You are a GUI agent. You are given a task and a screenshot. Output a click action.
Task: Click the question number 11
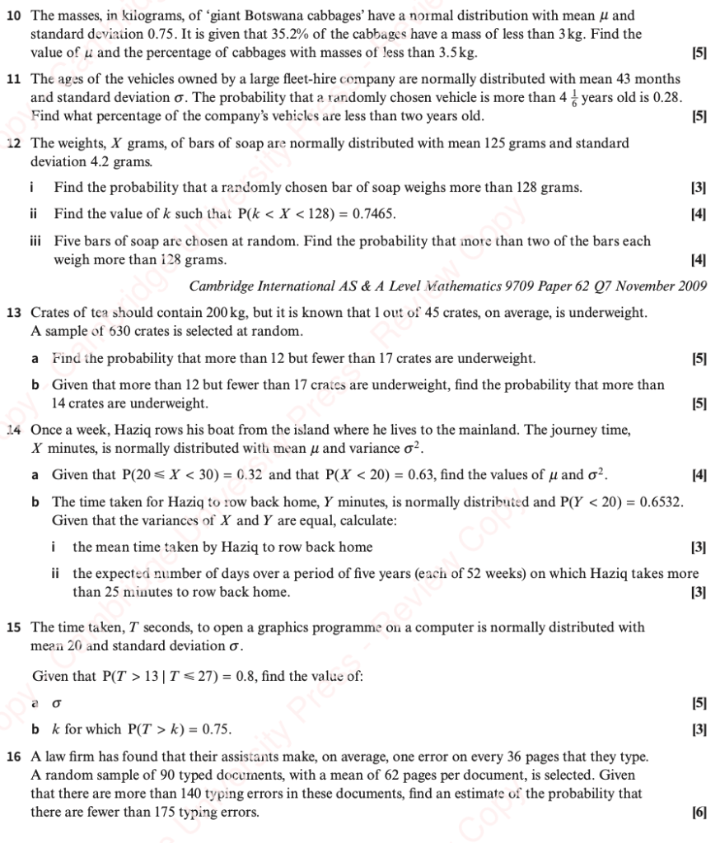(x=13, y=80)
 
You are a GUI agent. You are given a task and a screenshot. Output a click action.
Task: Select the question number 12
(x=13, y=143)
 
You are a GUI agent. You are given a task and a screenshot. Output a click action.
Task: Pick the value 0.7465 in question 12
(x=374, y=214)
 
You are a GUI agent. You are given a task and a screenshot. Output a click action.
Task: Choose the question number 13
(x=13, y=313)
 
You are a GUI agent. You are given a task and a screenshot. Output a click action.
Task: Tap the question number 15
(x=13, y=627)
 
